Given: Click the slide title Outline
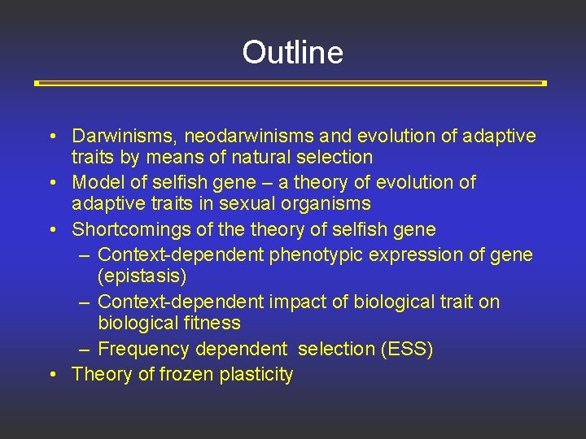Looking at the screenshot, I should tap(292, 53).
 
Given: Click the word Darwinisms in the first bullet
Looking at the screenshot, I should tap(120, 136).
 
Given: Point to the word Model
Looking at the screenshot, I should tap(97, 182).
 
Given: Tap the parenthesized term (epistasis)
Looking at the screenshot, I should tap(142, 276).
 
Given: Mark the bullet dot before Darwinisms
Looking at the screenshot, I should tap(51, 136).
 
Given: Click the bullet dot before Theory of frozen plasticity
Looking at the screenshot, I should tap(51, 375).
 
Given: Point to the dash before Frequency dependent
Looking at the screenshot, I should tap(84, 350).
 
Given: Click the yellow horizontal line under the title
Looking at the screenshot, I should tap(290, 83).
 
